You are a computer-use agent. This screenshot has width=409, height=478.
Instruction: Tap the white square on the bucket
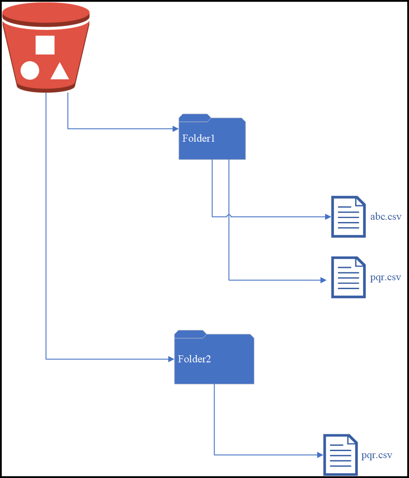pyautogui.click(x=45, y=45)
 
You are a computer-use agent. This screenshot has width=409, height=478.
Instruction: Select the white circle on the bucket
pyautogui.click(x=30, y=71)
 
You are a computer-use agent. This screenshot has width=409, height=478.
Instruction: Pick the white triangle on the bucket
pyautogui.click(x=59, y=72)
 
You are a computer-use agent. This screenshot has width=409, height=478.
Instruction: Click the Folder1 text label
pyautogui.click(x=198, y=138)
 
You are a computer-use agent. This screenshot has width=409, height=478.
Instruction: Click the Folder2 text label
pyautogui.click(x=194, y=359)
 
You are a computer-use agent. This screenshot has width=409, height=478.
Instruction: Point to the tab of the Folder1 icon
pyautogui.click(x=194, y=117)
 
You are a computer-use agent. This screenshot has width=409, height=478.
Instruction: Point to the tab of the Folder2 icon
pyautogui.click(x=190, y=334)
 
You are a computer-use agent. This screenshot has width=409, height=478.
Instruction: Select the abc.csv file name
pyautogui.click(x=386, y=217)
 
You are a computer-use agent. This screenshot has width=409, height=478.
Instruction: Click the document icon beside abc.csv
pyautogui.click(x=348, y=217)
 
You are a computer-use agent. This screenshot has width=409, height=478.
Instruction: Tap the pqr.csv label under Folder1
pyautogui.click(x=386, y=278)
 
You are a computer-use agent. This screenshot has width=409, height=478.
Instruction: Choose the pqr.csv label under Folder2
pyautogui.click(x=377, y=455)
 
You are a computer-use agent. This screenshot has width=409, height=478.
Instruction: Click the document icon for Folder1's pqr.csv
pyautogui.click(x=348, y=278)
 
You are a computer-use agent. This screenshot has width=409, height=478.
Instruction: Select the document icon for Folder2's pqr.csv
pyautogui.click(x=340, y=455)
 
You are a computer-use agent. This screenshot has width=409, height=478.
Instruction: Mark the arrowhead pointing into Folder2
pyautogui.click(x=171, y=359)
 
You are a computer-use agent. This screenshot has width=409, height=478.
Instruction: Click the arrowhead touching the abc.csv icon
pyautogui.click(x=327, y=217)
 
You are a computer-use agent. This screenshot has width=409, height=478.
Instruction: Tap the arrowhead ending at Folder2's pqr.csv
pyautogui.click(x=320, y=455)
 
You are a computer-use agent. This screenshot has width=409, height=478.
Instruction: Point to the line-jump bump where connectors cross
pyautogui.click(x=229, y=215)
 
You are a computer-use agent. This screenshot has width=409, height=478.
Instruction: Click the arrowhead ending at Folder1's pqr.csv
pyautogui.click(x=323, y=280)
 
